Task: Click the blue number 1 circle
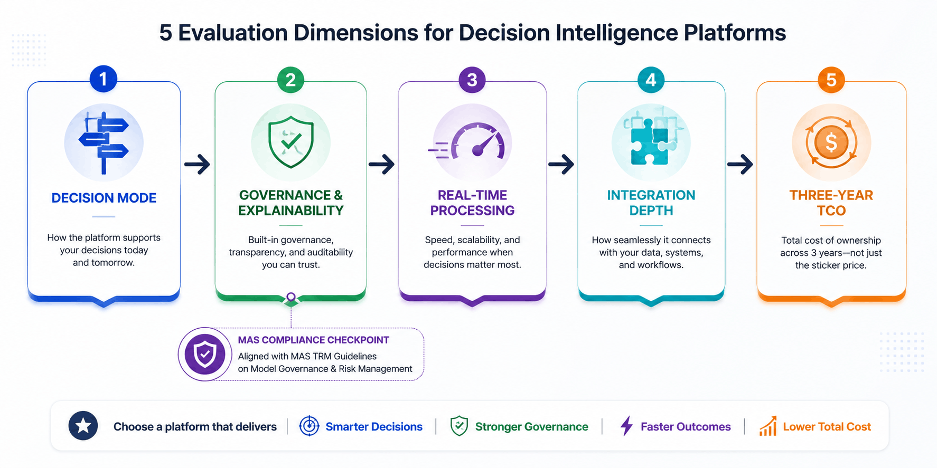(103, 79)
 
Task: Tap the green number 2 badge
(291, 80)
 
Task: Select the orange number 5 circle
(831, 80)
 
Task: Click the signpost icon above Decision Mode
(104, 142)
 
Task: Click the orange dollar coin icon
(831, 143)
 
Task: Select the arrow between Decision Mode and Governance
(197, 165)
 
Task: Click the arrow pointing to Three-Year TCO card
(740, 165)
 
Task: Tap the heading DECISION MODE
(104, 198)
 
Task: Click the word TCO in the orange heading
(831, 211)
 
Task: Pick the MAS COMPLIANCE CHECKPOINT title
(313, 340)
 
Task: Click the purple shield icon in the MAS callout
(205, 354)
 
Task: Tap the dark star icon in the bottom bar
(83, 426)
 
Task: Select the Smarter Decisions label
(374, 426)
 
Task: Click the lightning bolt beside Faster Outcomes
(626, 426)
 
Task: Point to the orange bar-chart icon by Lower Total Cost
(768, 426)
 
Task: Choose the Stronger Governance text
(531, 426)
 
